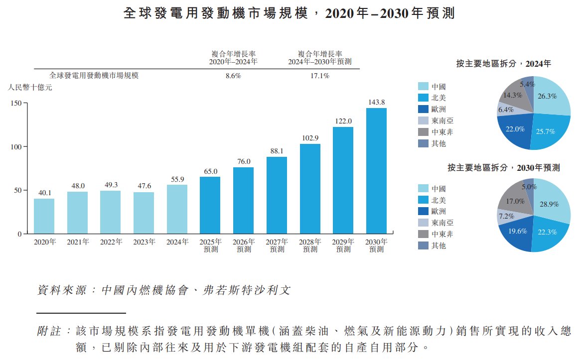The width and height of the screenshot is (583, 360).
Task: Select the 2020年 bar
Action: pyautogui.click(x=44, y=216)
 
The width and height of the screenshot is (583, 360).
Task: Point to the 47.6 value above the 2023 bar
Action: pyautogui.click(x=144, y=186)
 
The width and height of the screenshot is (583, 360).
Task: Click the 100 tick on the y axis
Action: pyautogui.click(x=16, y=147)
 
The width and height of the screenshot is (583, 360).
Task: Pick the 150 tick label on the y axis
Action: pyautogui.click(x=16, y=103)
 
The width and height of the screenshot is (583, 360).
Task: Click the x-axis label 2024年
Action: pyautogui.click(x=177, y=242)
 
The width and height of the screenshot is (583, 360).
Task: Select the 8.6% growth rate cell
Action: pyautogui.click(x=233, y=76)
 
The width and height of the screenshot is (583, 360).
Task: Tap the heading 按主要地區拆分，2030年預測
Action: pyautogui.click(x=503, y=168)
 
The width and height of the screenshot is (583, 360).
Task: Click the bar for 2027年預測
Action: pyautogui.click(x=277, y=195)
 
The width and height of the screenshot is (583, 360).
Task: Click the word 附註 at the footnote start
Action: pyautogui.click(x=48, y=331)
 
